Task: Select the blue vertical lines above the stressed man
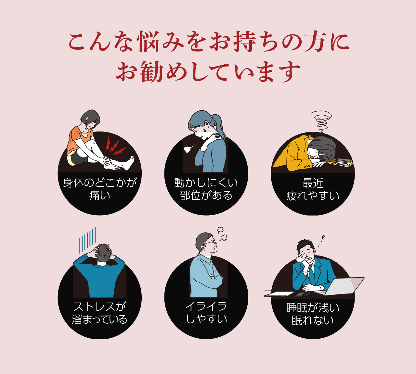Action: pyautogui.click(x=87, y=240)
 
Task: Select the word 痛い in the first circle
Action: pyautogui.click(x=99, y=195)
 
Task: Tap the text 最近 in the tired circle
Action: pyautogui.click(x=313, y=183)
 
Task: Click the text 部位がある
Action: pyautogui.click(x=206, y=195)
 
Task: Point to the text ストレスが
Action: pyautogui.click(x=100, y=307)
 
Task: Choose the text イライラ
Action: pyautogui.click(x=206, y=307)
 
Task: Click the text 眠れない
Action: pyautogui.click(x=313, y=320)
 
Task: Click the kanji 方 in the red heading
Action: pyautogui.click(x=314, y=42)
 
